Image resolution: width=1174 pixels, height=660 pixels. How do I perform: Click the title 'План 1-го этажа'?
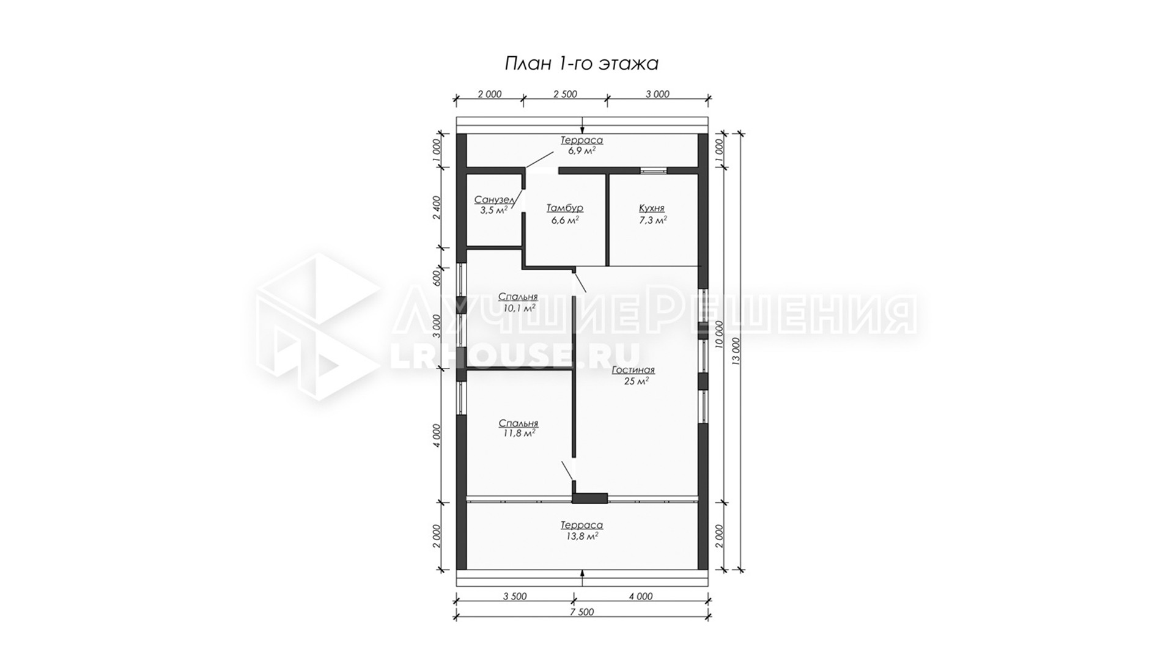[x=581, y=64]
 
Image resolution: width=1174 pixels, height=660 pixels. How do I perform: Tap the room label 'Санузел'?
[x=494, y=200]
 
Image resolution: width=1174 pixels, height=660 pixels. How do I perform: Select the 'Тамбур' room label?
[x=564, y=208]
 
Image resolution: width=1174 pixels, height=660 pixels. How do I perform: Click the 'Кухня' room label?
[x=651, y=208]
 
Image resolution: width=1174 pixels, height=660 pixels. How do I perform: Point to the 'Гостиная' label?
[x=633, y=370]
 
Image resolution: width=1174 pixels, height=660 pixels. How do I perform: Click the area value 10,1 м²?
[x=519, y=308]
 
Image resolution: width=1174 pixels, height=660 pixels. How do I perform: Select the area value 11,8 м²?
[x=519, y=434]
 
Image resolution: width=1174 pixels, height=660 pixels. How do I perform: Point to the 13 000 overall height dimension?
[x=736, y=351]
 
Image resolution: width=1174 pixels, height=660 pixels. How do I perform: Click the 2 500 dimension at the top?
[x=565, y=94]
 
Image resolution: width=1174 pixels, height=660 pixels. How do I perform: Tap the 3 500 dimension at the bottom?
[x=515, y=596]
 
